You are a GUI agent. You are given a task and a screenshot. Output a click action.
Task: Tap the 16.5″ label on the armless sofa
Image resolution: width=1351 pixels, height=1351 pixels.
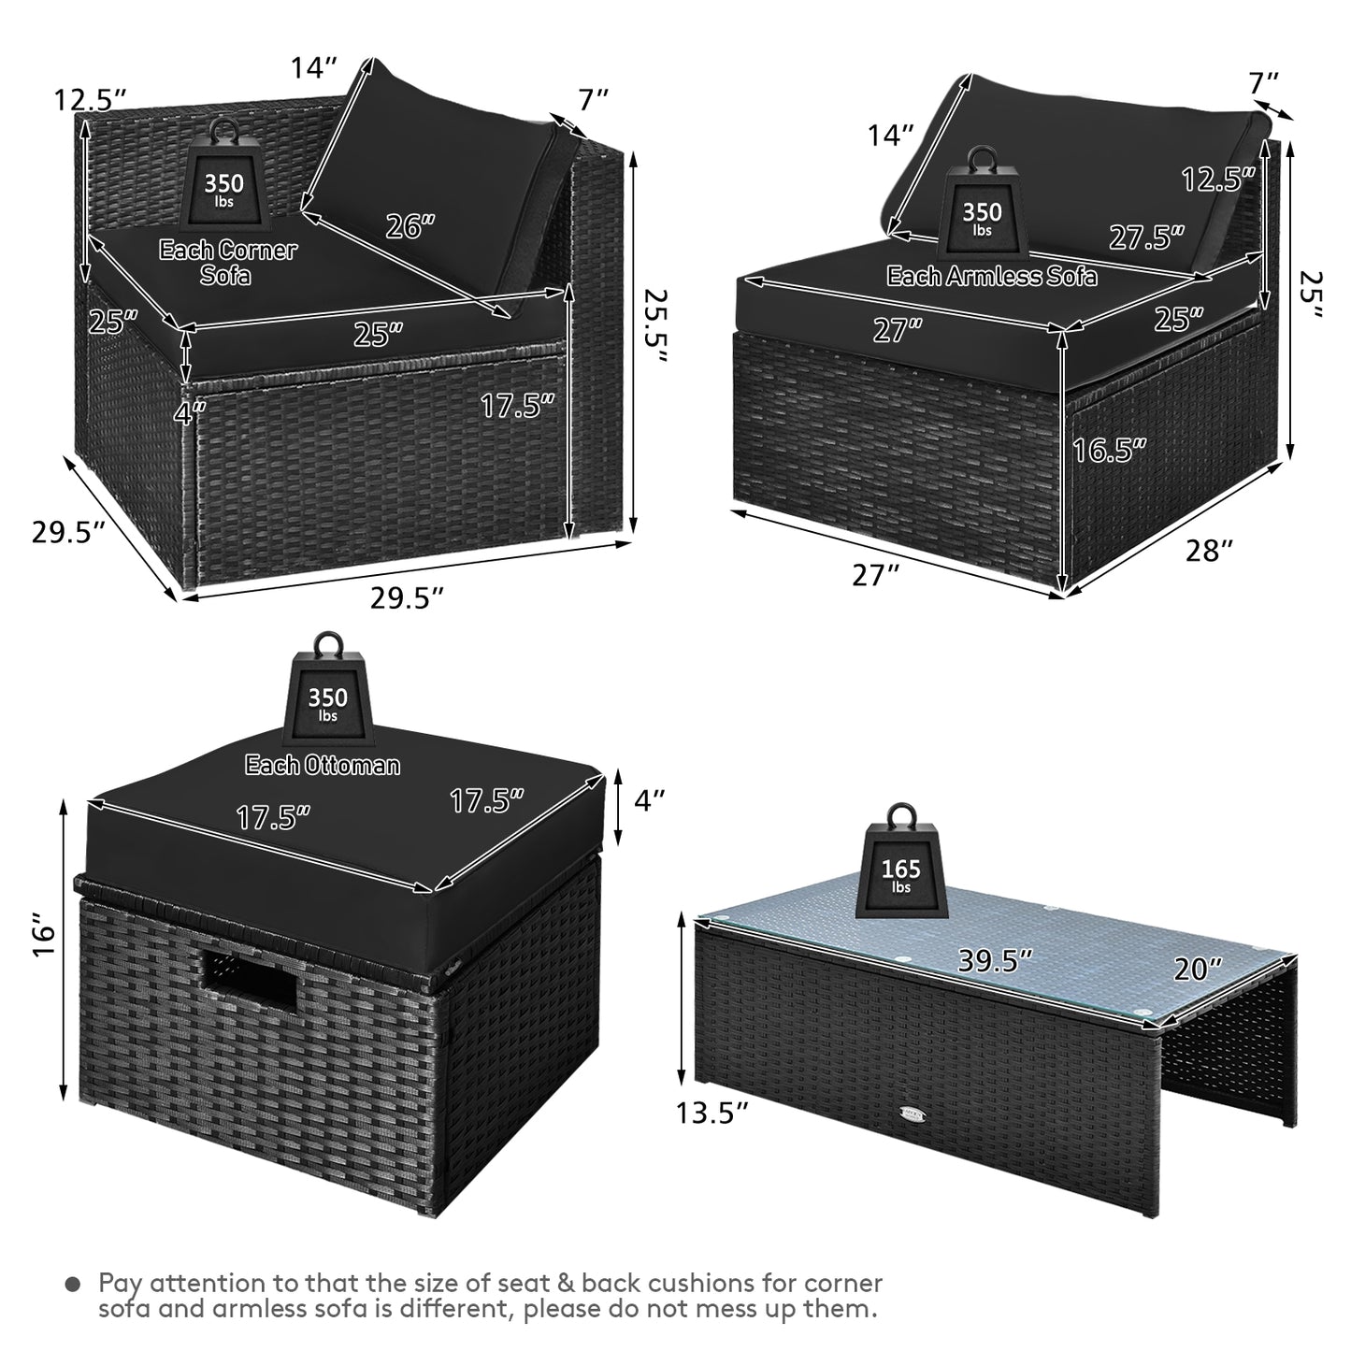[1109, 450]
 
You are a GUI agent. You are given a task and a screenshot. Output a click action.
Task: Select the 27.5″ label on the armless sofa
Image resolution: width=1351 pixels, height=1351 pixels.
[1146, 237]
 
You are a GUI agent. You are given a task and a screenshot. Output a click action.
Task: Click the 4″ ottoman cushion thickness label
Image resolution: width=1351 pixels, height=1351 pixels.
[650, 799]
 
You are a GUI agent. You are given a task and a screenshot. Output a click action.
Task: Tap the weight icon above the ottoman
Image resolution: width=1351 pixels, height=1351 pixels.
[328, 687]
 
